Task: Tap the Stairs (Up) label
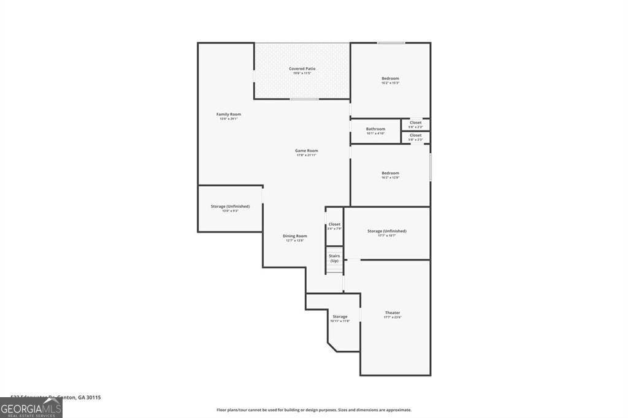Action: [x=334, y=258]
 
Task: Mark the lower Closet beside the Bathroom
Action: [x=416, y=137]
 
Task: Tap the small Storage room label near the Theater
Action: [x=340, y=318]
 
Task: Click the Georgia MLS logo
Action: [x=31, y=408]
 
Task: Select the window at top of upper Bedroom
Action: [x=391, y=43]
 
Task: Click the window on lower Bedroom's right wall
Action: [x=430, y=167]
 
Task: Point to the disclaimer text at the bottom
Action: [x=313, y=410]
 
